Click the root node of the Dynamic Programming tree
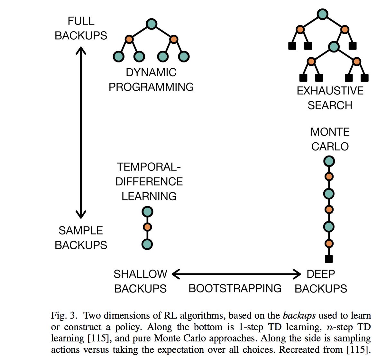click(x=151, y=24)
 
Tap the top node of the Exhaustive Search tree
click(x=322, y=14)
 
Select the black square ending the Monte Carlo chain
click(x=329, y=259)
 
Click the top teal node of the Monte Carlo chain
click(x=329, y=161)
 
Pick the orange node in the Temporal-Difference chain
click(x=147, y=227)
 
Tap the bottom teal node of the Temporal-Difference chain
click(x=147, y=244)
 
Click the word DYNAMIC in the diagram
click(x=151, y=72)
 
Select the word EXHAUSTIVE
click(x=330, y=91)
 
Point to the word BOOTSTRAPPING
click(x=235, y=288)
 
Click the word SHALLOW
click(x=140, y=274)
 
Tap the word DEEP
click(x=321, y=274)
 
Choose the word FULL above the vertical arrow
click(x=81, y=21)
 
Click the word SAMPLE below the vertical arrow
click(x=81, y=231)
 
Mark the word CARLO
click(x=330, y=147)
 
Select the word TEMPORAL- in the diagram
click(x=149, y=167)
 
